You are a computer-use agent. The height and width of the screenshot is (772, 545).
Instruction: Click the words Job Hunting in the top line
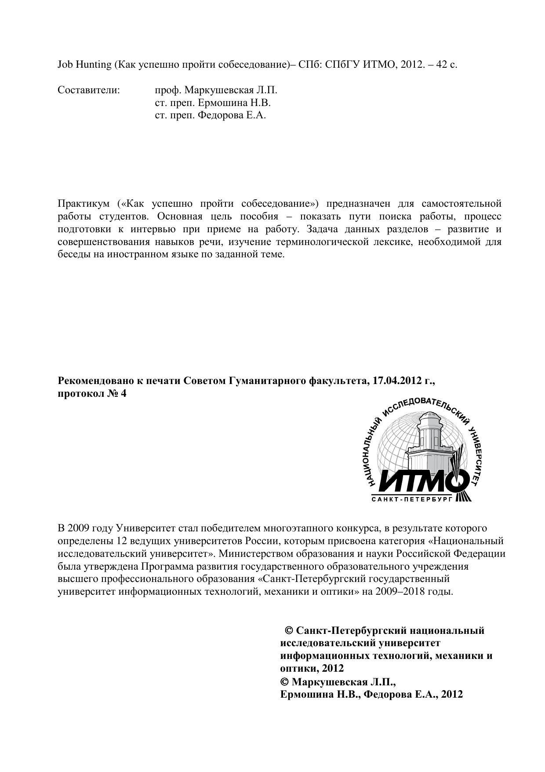pyautogui.click(x=84, y=65)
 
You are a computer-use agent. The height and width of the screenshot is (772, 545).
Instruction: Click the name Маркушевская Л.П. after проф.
pyautogui.click(x=231, y=90)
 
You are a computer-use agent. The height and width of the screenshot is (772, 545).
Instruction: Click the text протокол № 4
pyautogui.click(x=92, y=394)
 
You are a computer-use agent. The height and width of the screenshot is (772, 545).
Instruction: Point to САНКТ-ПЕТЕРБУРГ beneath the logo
pyautogui.click(x=412, y=500)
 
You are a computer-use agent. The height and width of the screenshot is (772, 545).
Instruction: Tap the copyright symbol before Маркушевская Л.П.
pyautogui.click(x=284, y=682)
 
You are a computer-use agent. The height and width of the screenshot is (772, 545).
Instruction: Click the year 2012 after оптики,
pyautogui.click(x=333, y=669)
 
